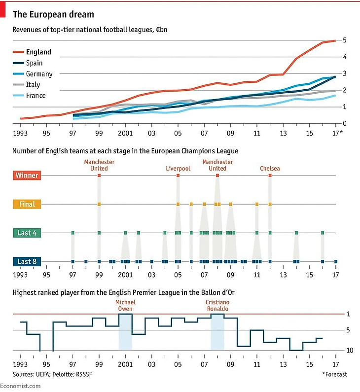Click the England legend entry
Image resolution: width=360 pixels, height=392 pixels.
tap(38, 52)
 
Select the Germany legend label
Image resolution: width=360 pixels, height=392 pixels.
tap(39, 74)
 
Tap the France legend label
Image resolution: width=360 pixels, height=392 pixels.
tap(36, 96)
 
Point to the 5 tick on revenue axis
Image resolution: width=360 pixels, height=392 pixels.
tap(344, 40)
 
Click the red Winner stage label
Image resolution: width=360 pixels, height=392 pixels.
tap(27, 176)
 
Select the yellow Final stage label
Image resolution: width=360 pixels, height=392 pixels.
tap(27, 204)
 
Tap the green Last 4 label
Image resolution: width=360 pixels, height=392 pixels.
tap(27, 233)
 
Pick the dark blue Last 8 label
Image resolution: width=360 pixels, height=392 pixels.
tap(27, 261)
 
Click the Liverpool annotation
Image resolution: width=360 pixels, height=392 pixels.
tap(178, 169)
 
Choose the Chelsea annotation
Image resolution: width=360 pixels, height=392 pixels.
tap(270, 169)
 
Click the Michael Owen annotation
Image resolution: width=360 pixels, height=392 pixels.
tap(125, 306)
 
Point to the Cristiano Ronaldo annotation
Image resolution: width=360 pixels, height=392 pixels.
tap(217, 306)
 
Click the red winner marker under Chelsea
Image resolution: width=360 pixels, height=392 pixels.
tap(270, 176)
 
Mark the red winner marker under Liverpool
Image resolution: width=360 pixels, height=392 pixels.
tap(178, 176)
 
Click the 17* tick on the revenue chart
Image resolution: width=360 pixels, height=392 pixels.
tap(338, 133)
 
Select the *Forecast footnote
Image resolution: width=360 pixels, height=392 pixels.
tap(334, 374)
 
